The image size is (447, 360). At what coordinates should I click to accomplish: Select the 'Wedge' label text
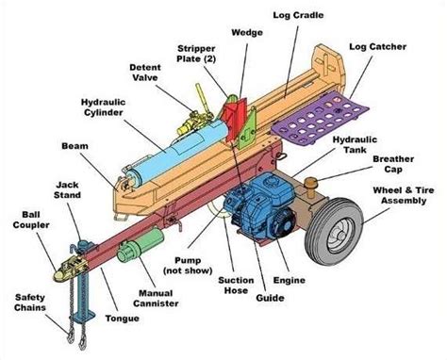[x=247, y=30]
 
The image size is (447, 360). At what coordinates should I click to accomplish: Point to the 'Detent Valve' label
[x=150, y=73]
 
